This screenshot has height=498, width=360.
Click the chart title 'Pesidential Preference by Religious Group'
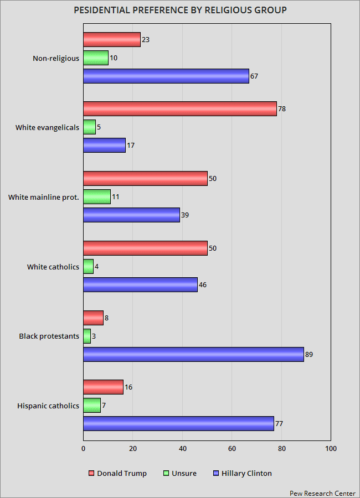(x=180, y=10)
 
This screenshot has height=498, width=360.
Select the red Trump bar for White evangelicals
(x=179, y=109)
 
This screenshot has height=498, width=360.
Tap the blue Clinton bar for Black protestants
(x=193, y=354)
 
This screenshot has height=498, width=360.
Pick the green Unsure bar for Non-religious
(x=96, y=58)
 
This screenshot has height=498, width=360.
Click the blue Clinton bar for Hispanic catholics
(x=178, y=423)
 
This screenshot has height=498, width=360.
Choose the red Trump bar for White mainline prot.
(x=145, y=178)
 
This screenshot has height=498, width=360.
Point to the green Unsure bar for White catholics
(x=88, y=267)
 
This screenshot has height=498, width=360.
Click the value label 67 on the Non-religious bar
(x=254, y=76)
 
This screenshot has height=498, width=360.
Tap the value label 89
(x=309, y=354)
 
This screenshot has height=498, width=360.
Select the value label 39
(x=185, y=215)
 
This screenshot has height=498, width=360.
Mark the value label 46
(x=203, y=284)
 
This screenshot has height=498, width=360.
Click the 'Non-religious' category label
(x=55, y=58)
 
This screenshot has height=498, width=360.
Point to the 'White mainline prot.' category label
(x=44, y=197)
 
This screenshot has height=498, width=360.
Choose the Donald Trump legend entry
(x=117, y=473)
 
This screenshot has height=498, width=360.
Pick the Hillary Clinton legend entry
(x=242, y=473)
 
